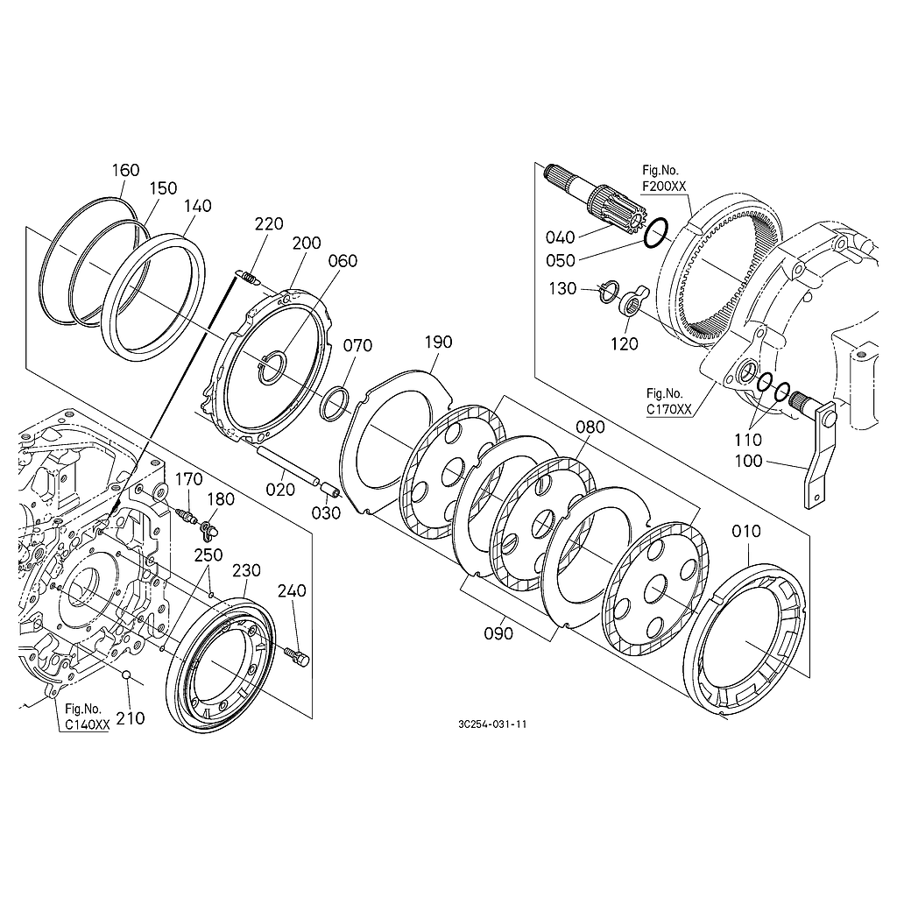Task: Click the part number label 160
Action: click(x=126, y=170)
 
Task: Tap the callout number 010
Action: click(x=746, y=531)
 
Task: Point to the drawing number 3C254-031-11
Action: click(x=491, y=724)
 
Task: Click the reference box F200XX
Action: click(x=665, y=187)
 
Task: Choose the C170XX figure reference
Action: click(x=667, y=409)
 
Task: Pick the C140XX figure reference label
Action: click(x=87, y=725)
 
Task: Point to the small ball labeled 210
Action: click(x=126, y=676)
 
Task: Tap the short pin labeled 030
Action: click(x=328, y=489)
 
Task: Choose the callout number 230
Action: click(x=247, y=570)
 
